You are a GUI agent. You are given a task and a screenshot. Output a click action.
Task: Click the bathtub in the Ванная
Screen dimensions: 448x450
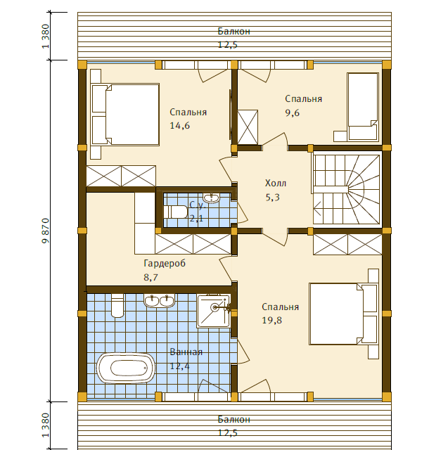(126, 368)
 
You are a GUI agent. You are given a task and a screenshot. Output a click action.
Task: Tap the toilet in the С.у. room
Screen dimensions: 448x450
(175, 212)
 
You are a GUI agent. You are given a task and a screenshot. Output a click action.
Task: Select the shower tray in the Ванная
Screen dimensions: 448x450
(214, 311)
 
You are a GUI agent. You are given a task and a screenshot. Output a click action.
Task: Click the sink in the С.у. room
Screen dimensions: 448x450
(211, 198)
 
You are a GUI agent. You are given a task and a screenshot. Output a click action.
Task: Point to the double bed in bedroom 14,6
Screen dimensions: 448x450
(125, 115)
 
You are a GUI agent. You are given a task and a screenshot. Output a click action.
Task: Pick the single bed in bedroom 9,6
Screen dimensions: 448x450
(363, 107)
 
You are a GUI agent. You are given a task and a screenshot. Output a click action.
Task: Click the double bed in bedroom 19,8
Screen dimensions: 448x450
(343, 314)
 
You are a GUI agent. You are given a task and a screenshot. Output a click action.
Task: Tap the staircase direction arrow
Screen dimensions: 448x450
(318, 209)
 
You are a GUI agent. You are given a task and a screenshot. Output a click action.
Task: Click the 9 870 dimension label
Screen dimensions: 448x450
(46, 231)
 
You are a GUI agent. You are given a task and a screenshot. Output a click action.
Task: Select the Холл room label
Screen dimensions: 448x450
(276, 183)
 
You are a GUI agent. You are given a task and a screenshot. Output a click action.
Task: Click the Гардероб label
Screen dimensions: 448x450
(165, 264)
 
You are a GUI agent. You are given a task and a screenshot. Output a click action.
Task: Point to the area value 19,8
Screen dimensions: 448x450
(271, 321)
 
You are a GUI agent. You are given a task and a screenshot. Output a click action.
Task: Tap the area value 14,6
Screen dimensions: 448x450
(179, 126)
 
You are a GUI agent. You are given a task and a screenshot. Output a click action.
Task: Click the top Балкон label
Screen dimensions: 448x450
(234, 31)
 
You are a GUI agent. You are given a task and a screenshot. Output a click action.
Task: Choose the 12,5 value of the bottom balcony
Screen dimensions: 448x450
(228, 433)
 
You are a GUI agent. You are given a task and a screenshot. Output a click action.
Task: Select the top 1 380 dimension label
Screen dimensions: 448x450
(46, 37)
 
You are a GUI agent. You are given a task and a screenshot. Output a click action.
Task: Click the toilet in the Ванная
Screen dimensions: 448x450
(117, 305)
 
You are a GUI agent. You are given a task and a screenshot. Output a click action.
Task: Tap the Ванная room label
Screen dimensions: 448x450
(186, 352)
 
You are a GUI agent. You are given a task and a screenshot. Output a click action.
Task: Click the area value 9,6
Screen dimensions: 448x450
(292, 112)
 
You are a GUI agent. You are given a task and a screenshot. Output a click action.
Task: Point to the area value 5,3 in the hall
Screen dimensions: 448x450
(272, 198)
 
